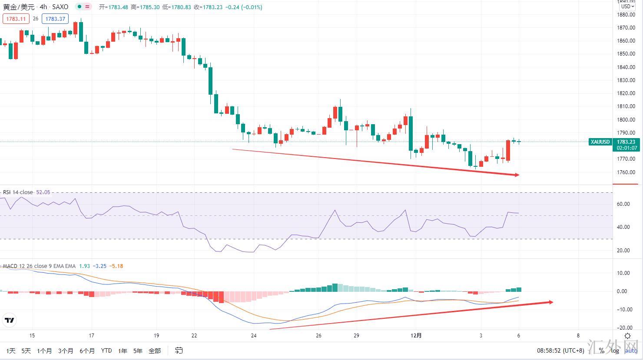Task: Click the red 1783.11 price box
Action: click(x=16, y=19)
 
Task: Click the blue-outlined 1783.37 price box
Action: click(x=55, y=19)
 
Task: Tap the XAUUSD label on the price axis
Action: click(x=600, y=142)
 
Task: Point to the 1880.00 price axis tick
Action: click(x=626, y=14)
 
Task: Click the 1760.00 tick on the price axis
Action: click(x=626, y=172)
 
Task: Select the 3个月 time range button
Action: click(x=66, y=350)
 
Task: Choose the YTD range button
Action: click(x=106, y=350)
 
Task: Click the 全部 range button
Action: click(x=155, y=350)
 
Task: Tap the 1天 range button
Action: click(x=11, y=350)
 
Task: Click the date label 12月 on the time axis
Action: click(x=416, y=335)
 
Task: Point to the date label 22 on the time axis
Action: click(x=194, y=335)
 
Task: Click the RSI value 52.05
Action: click(x=43, y=192)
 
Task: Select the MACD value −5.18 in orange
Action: click(x=116, y=266)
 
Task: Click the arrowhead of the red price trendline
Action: click(x=517, y=175)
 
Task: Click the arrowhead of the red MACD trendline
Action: click(x=551, y=302)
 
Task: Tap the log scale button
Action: click(x=615, y=350)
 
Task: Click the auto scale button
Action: click(x=631, y=350)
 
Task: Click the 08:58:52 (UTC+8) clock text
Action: click(x=560, y=350)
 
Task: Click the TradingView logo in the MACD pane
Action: click(x=9, y=320)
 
